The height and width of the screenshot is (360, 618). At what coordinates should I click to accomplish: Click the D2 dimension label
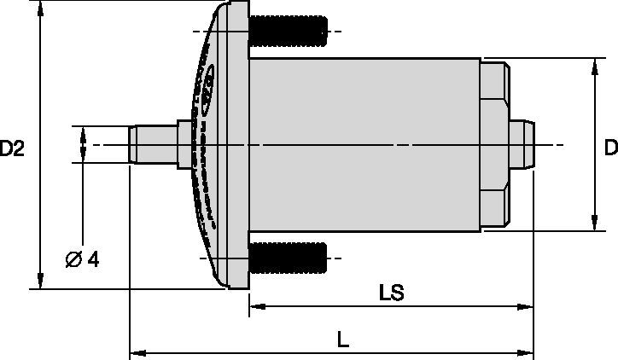(12, 148)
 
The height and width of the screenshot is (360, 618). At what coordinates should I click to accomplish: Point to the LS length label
(391, 293)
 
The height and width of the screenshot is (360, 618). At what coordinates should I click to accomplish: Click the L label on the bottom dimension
(341, 339)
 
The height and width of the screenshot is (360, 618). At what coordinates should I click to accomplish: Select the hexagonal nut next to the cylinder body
(495, 145)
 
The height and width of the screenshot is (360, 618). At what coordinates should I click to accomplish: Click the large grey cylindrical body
(363, 145)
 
